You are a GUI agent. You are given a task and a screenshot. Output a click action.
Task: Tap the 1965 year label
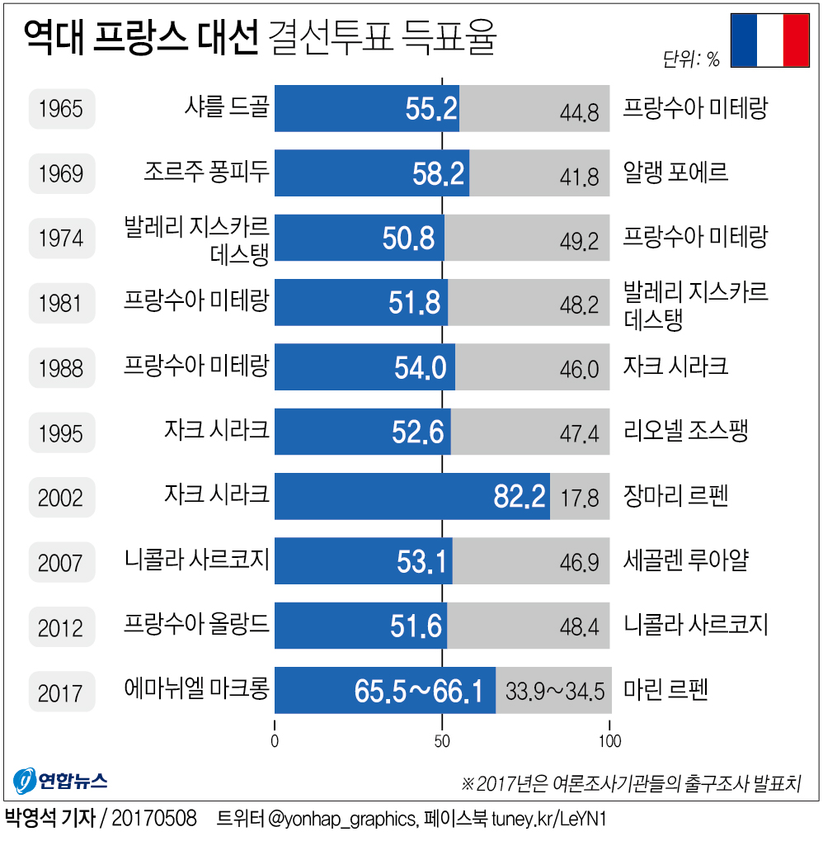click(61, 108)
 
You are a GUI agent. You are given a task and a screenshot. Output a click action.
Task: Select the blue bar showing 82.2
click(411, 496)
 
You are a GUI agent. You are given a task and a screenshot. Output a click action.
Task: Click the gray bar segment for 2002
click(580, 496)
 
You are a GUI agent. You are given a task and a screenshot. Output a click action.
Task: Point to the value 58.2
click(438, 173)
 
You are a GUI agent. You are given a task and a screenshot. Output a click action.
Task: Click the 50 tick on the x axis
click(442, 740)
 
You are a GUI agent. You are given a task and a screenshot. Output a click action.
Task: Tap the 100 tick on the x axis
click(609, 740)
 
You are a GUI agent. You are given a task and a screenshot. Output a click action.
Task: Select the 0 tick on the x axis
click(275, 740)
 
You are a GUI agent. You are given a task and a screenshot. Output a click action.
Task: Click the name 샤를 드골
click(228, 107)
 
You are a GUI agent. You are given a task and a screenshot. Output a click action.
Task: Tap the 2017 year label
click(61, 691)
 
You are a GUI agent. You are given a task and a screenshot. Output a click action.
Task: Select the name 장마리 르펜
click(676, 496)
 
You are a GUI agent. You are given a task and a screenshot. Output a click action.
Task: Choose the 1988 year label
click(61, 367)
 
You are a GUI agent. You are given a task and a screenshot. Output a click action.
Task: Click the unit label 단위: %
click(691, 59)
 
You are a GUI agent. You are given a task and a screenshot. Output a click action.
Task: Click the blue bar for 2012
click(360, 626)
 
